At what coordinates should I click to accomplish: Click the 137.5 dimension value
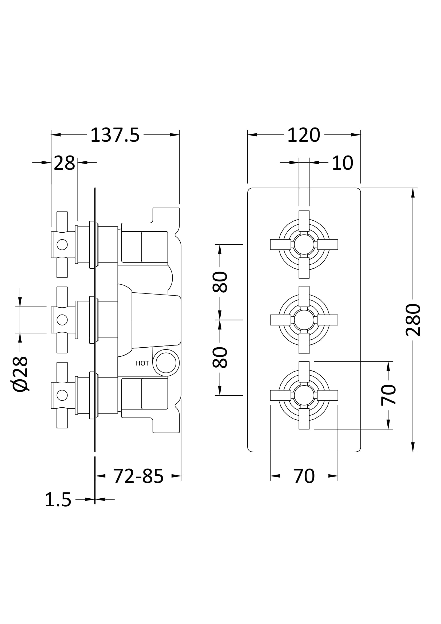tap(115, 135)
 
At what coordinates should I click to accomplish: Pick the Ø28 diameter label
tap(20, 374)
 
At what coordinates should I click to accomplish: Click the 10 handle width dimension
tap(342, 163)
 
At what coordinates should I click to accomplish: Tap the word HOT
tap(142, 363)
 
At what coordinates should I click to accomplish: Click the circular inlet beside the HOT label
tap(166, 363)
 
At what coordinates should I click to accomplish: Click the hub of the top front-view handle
tap(304, 244)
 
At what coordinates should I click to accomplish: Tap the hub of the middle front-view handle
tap(304, 320)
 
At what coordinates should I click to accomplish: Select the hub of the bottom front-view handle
tap(304, 395)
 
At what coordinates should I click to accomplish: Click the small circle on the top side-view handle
tap(62, 245)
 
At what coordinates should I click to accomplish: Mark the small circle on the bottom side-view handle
tap(62, 395)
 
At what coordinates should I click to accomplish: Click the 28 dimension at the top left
tap(64, 163)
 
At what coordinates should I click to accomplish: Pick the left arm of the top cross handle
tap(280, 244)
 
